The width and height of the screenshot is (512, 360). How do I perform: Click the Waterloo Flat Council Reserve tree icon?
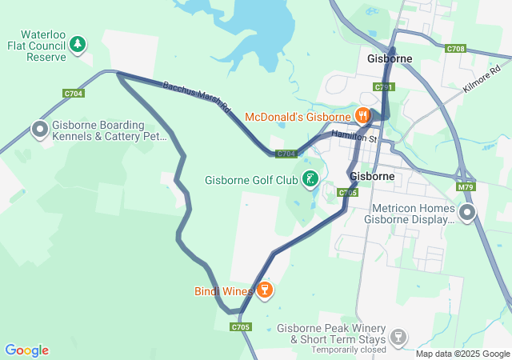78,44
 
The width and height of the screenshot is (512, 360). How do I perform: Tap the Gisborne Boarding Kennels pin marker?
39,129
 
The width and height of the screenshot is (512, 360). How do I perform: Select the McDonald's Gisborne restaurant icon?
363,116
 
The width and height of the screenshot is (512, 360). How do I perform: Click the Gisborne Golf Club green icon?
310,179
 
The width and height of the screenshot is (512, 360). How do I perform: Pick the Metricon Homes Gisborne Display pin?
467,212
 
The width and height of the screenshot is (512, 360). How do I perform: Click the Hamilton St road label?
354,138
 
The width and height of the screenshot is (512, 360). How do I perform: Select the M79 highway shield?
466,187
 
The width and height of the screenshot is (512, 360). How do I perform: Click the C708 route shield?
456,49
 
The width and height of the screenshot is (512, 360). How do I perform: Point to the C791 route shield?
383,86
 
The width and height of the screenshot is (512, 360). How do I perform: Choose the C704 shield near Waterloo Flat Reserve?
74,94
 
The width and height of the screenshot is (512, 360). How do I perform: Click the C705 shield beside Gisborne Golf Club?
347,192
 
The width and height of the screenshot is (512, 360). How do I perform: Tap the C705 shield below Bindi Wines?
241,326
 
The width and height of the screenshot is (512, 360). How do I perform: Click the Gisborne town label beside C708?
389,59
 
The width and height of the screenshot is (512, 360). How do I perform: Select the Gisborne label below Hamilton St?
372,175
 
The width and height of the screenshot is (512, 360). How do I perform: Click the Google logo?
26,350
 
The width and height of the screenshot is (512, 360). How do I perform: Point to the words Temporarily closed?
349,350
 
